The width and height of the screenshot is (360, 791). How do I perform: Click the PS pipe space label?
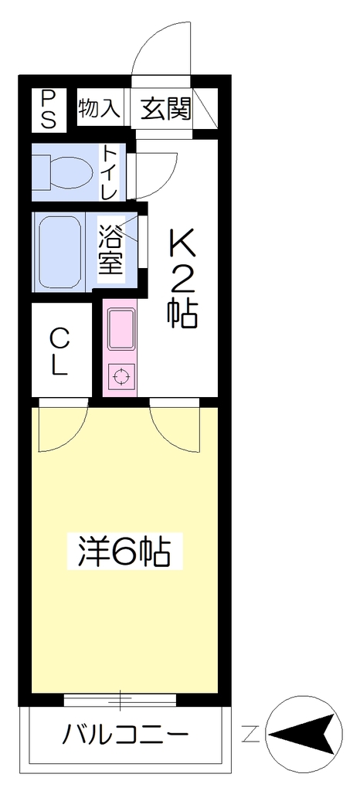click(x=49, y=109)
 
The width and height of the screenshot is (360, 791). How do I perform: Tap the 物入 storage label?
click(x=99, y=108)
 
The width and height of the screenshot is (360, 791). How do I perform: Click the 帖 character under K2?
click(x=182, y=314)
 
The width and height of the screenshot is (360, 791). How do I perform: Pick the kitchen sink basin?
click(x=121, y=330)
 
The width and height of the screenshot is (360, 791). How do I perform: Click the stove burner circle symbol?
click(x=121, y=377)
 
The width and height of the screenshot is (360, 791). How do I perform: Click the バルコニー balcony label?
click(x=125, y=735)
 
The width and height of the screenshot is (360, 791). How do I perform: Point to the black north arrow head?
click(x=302, y=734)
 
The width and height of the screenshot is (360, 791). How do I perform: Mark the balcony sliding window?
click(x=121, y=700)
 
